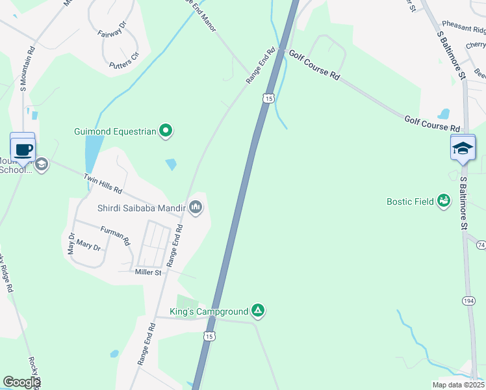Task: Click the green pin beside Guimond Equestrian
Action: pyautogui.click(x=166, y=132)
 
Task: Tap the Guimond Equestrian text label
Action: pyautogui.click(x=115, y=132)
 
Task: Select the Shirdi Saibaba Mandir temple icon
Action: pyautogui.click(x=196, y=208)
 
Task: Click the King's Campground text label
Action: pyautogui.click(x=209, y=313)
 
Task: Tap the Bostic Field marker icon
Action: pyautogui.click(x=444, y=201)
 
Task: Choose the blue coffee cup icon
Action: pyautogui.click(x=23, y=149)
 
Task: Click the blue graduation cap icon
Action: pyautogui.click(x=463, y=149)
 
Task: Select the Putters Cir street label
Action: pyautogui.click(x=124, y=60)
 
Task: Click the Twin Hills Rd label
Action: pyautogui.click(x=103, y=184)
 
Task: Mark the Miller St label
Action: pyautogui.click(x=147, y=272)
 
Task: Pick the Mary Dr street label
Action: pyautogui.click(x=88, y=246)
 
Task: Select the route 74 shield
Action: pyautogui.click(x=481, y=244)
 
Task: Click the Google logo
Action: pyautogui.click(x=21, y=382)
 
